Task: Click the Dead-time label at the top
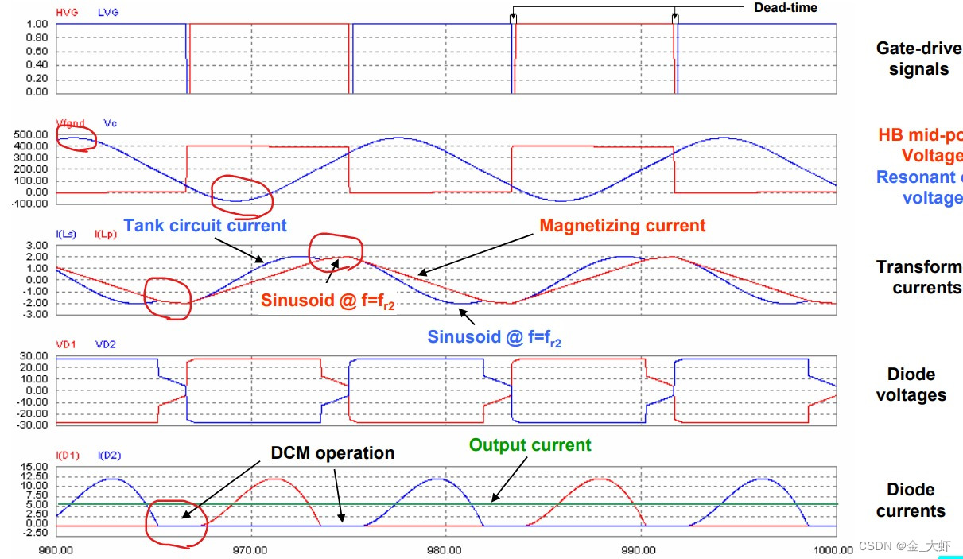tap(786, 7)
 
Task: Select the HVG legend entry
tap(67, 13)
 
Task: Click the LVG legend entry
tap(108, 13)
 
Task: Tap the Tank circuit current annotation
tap(205, 226)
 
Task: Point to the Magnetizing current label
tap(622, 226)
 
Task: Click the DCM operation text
tap(332, 453)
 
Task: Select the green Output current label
tap(530, 445)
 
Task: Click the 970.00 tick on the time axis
tap(250, 549)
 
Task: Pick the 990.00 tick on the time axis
tap(639, 549)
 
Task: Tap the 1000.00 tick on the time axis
tap(833, 549)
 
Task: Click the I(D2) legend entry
tap(109, 456)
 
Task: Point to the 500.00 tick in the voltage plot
tap(32, 135)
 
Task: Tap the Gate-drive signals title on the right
tap(918, 59)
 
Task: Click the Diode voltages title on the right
tap(911, 385)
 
